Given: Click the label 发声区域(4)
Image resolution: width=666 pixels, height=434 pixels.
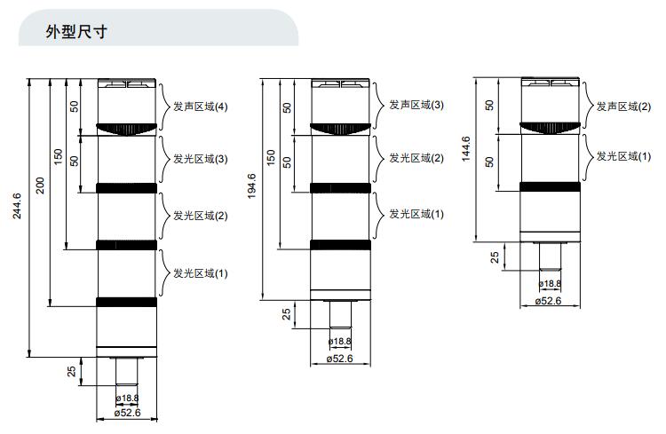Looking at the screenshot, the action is tap(200, 107).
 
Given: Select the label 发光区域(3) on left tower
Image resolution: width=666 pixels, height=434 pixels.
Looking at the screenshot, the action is tap(200, 160).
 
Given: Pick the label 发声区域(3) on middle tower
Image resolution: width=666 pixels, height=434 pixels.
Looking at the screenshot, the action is tap(416, 105).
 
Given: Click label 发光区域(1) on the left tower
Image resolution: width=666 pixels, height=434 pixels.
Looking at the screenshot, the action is tap(200, 273).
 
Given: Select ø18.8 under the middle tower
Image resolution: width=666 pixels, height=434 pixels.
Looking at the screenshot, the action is tap(340, 342).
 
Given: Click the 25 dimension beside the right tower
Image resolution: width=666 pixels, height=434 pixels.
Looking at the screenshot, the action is tap(496, 258).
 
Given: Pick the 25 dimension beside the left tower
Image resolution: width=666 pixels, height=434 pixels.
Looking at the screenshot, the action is tap(71, 372).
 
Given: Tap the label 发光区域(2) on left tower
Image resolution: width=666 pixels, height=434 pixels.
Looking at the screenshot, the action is tap(200, 216).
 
